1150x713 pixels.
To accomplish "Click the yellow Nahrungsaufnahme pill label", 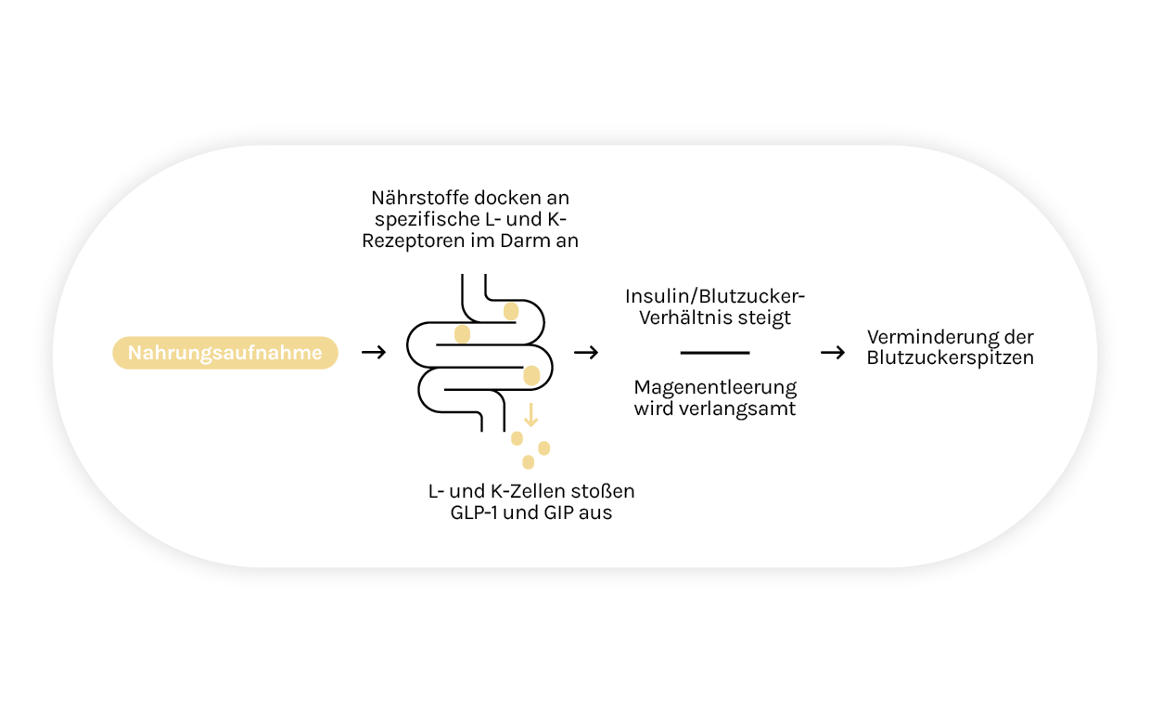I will click(x=224, y=353).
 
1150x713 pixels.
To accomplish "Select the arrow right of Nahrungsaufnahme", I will click(x=373, y=353).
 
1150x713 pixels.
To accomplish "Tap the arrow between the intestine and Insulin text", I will click(x=586, y=353).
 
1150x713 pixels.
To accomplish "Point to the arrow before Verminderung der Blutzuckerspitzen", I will click(x=833, y=353).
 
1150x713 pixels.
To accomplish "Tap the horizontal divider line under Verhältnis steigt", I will click(x=714, y=353).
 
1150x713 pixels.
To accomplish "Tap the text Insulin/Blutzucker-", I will click(x=715, y=297).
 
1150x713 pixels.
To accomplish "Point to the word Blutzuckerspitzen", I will click(x=950, y=358).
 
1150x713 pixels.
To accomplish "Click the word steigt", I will click(x=766, y=318).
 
